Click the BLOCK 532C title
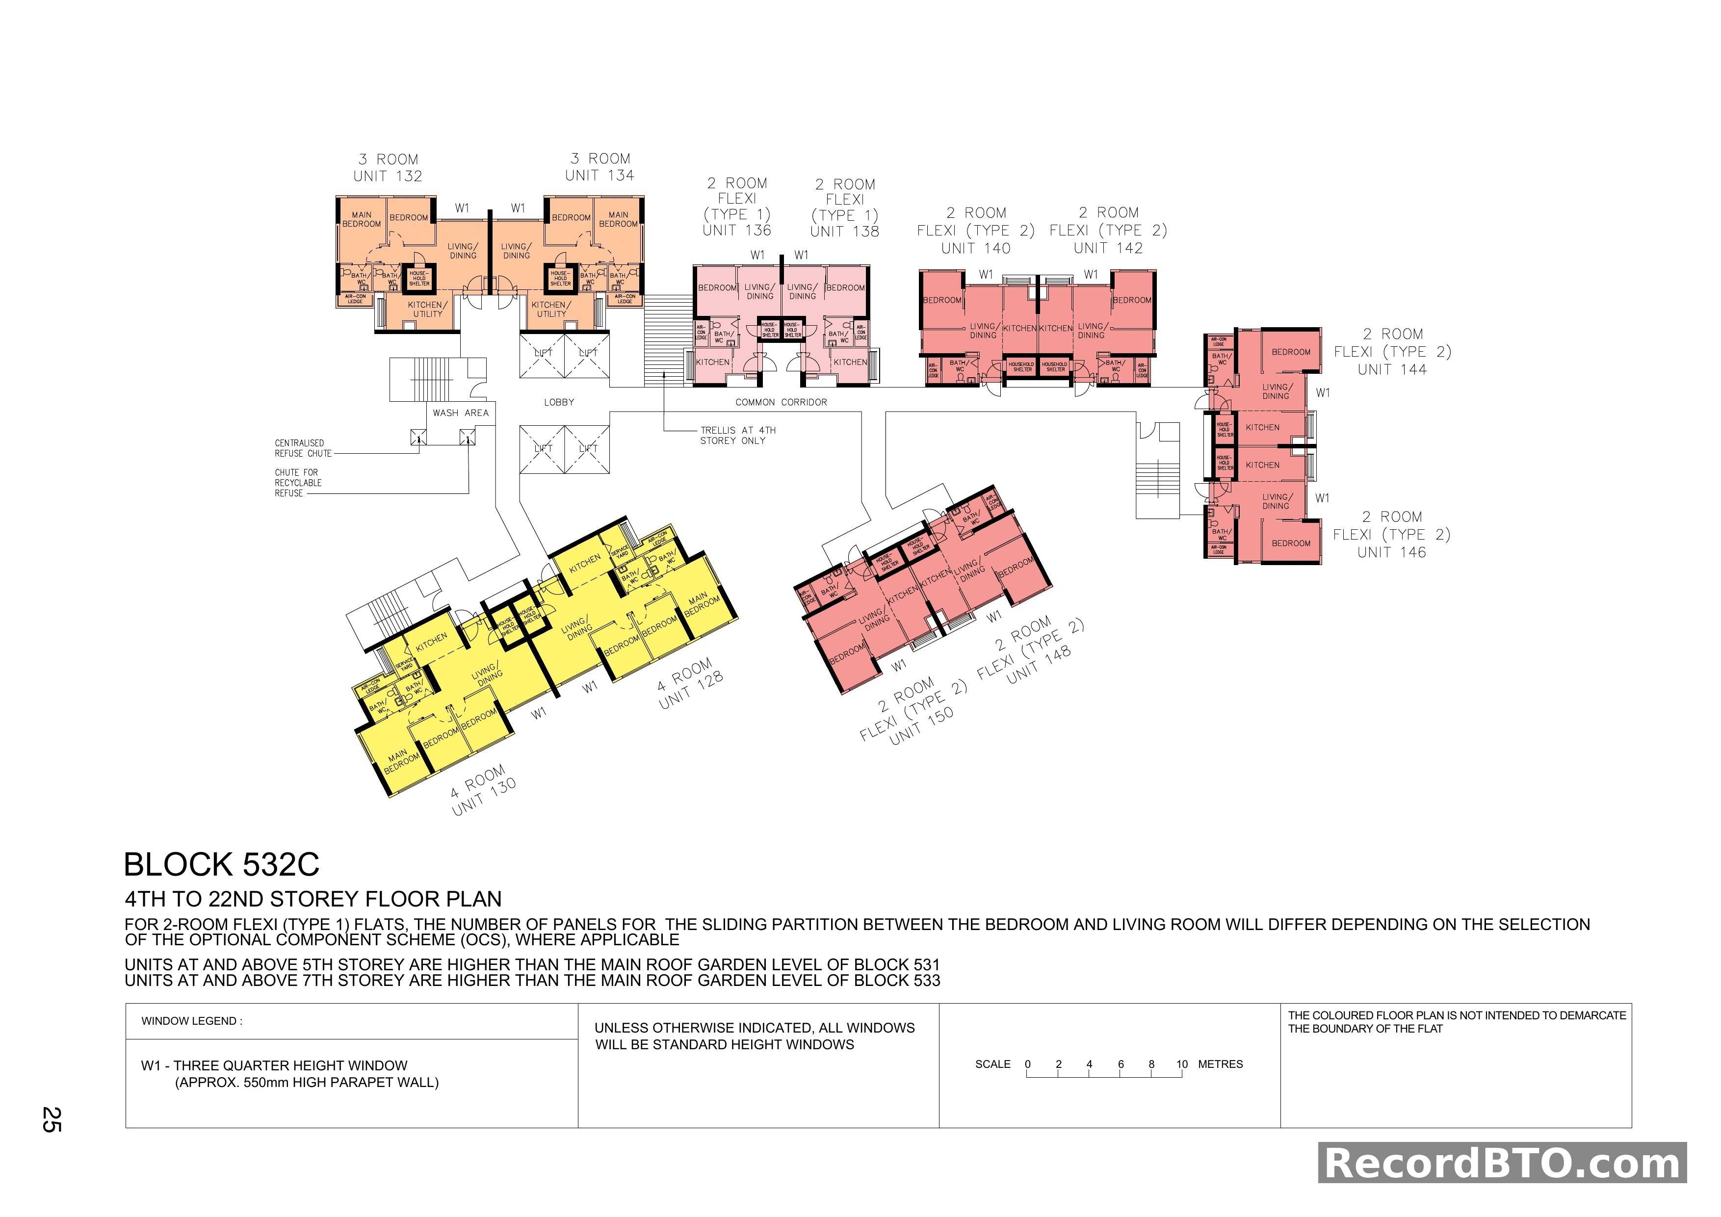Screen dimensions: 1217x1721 [221, 865]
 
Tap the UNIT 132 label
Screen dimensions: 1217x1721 [388, 176]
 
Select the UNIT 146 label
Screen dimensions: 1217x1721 [1391, 552]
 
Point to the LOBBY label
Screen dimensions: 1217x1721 [559, 402]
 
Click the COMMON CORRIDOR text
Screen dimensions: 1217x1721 [781, 402]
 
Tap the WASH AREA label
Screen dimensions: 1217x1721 [460, 413]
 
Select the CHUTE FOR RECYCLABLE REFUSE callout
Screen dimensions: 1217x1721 [298, 483]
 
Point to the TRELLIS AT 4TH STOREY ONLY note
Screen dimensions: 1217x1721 [737, 436]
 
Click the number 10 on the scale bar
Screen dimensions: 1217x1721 [1182, 1064]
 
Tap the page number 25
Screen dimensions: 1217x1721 [52, 1119]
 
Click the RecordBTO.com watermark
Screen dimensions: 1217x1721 [1502, 1163]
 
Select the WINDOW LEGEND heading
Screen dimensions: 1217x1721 [192, 1021]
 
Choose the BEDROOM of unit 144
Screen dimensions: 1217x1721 [1291, 352]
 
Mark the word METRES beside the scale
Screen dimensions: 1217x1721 [1220, 1064]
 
